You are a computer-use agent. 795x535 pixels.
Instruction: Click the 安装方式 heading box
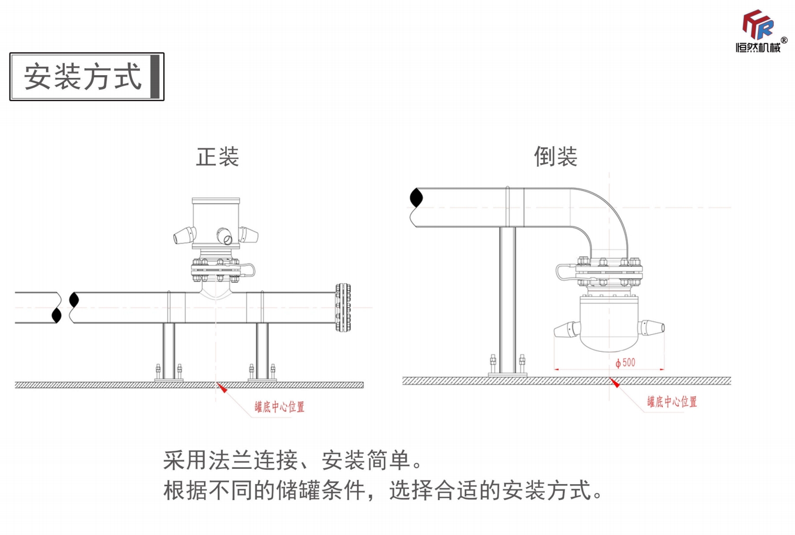point(87,77)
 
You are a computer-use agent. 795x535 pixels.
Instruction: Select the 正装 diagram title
point(217,157)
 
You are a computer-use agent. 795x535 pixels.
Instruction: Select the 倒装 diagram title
point(555,157)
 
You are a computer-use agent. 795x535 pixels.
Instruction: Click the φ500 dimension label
point(626,363)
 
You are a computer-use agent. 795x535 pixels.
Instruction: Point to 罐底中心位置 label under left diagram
point(279,407)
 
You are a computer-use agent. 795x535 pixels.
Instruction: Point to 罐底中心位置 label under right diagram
point(672,402)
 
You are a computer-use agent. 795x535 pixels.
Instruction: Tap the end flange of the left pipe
point(342,307)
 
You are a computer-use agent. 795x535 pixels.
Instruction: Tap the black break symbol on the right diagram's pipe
point(417,198)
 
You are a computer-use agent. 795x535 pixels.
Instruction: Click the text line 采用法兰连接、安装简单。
point(292,460)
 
